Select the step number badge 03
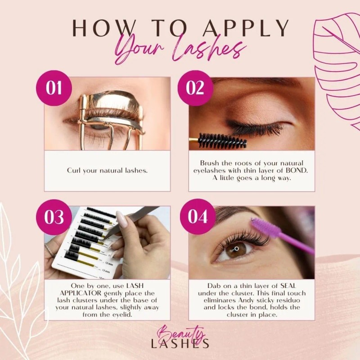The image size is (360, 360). (x=54, y=217)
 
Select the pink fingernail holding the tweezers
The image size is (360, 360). (x=121, y=220)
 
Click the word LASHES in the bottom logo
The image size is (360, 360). (x=180, y=344)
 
